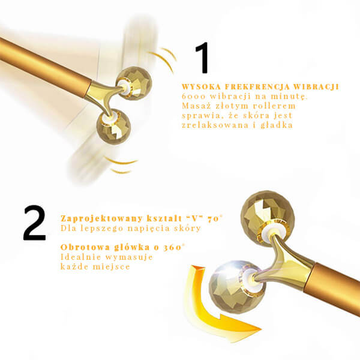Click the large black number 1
(x=203, y=58)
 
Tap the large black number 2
(x=34, y=223)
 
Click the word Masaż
(x=196, y=106)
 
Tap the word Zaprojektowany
(x=102, y=218)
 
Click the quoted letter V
(x=194, y=218)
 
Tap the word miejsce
(x=112, y=266)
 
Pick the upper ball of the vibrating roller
(x=134, y=83)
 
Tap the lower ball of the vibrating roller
(x=113, y=127)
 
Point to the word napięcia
(x=152, y=229)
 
